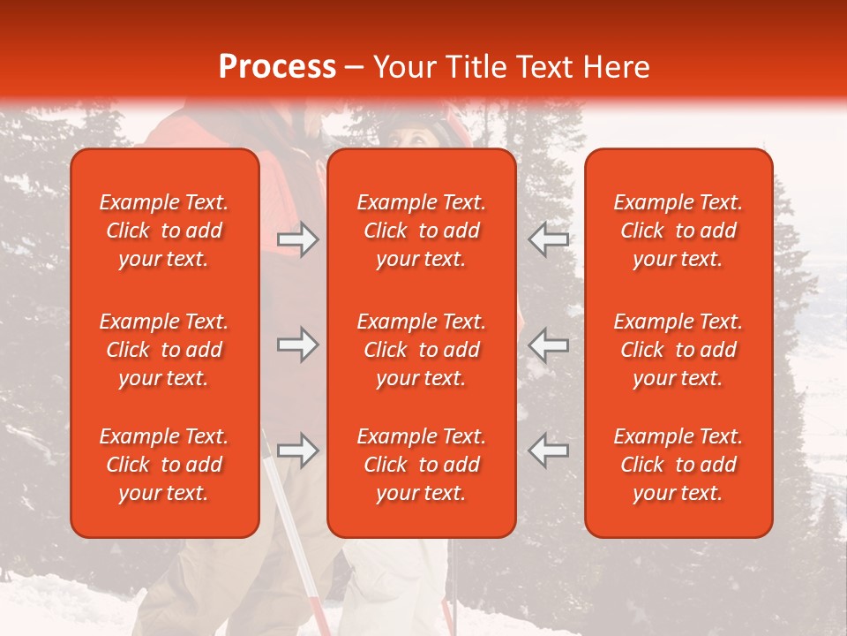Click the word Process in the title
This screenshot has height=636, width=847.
(277, 67)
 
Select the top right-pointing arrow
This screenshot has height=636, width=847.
(298, 239)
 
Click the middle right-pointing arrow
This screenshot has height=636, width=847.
(298, 344)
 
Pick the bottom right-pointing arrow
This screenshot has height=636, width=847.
(298, 450)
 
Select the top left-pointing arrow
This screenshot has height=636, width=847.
(548, 239)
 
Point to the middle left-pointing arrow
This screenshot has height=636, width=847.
(548, 344)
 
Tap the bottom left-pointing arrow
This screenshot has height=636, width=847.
(548, 450)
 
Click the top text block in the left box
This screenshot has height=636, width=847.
(164, 231)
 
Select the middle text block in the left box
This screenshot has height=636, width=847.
(164, 350)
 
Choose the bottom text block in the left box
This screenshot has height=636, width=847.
(164, 465)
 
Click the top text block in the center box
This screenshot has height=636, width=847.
(422, 231)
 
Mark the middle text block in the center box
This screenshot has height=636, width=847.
(422, 350)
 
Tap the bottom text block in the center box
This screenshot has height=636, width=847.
(422, 465)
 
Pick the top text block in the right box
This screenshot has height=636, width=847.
(678, 231)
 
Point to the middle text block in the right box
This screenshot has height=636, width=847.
(678, 350)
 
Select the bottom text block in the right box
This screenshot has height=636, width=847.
(678, 465)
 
